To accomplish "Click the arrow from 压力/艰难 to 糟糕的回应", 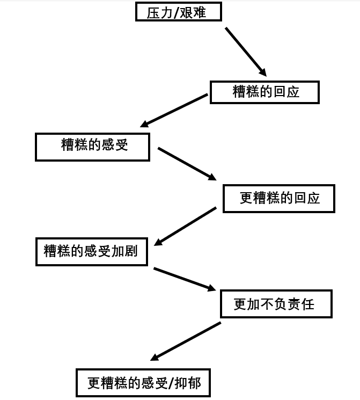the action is (246, 52).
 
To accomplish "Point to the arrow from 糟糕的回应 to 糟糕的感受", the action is (174, 110).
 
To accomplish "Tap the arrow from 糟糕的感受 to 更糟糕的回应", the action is (187, 164).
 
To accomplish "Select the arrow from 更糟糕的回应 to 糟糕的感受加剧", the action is (185, 226).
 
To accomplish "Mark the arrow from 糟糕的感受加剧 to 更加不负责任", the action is (185, 279).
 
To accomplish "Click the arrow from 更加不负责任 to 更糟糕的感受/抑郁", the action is (186, 341).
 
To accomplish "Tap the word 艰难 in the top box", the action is (193, 12).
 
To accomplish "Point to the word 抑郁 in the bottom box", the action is (188, 383).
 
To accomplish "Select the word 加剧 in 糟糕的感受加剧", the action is (124, 251).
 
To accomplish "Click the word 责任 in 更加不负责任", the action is (301, 304).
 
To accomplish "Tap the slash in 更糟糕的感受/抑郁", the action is (171, 383).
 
